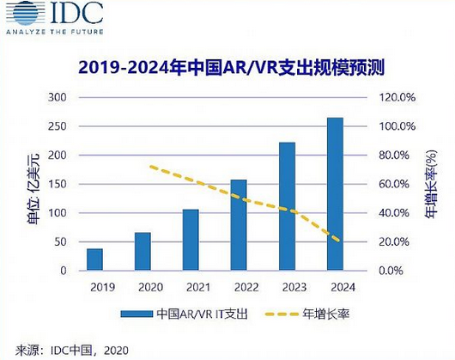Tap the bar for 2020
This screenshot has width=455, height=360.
pos(143,251)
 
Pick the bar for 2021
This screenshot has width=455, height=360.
pos(191,240)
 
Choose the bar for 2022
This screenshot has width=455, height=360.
pos(239,225)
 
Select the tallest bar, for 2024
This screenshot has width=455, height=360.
pos(335,194)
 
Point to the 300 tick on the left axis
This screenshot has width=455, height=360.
pos(56,98)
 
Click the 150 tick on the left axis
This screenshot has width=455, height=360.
pos(56,184)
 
